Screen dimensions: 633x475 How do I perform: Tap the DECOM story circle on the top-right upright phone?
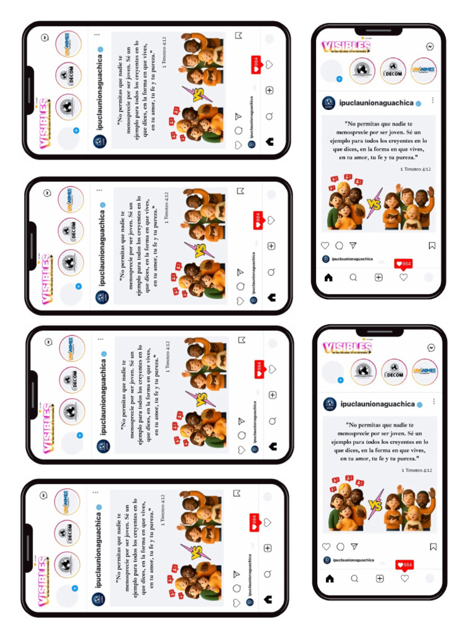pos(393,71)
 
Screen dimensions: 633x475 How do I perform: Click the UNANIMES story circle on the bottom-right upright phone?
pos(425,372)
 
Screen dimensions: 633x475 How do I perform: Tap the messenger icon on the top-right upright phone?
pos(430,46)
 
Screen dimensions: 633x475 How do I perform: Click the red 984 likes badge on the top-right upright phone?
pos(403,264)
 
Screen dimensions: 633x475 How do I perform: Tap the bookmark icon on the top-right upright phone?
pos(432,245)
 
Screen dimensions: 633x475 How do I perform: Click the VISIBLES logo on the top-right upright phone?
pos(346,46)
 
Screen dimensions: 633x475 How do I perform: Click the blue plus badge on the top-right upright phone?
pos(339,79)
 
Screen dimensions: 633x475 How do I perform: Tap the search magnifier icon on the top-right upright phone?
pos(353,278)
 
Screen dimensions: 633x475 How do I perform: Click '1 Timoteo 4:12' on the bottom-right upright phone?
pos(416,470)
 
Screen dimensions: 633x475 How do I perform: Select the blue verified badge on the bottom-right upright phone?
pos(420,404)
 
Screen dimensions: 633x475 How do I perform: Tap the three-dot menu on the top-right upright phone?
pos(432,101)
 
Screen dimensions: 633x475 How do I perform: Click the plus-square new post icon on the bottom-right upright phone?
pos(379,579)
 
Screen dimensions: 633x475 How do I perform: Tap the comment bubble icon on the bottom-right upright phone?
pos(340,546)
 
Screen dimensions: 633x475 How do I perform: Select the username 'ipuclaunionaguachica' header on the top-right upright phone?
pos(377,103)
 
